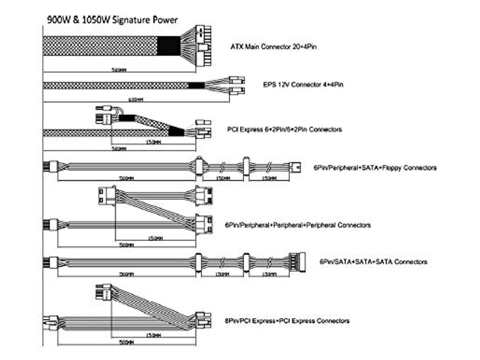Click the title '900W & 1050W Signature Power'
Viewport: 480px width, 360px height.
pyautogui.click(x=112, y=19)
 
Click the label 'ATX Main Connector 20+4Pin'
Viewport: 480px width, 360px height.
pyautogui.click(x=273, y=47)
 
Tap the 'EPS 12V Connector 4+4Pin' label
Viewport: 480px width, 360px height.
pyautogui.click(x=303, y=84)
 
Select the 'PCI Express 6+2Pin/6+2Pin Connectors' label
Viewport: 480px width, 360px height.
pyautogui.click(x=285, y=129)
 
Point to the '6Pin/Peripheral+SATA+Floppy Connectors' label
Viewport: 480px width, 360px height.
pyautogui.click(x=375, y=168)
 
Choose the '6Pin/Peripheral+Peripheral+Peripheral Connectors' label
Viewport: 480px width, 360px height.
pyautogui.click(x=298, y=225)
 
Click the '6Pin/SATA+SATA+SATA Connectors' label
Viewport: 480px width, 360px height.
pyautogui.click(x=373, y=262)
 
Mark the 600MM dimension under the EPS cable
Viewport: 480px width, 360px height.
pyautogui.click(x=136, y=100)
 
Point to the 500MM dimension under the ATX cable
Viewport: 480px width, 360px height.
pyautogui.click(x=119, y=70)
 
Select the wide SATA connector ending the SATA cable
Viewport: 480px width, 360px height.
pyautogui.click(x=298, y=262)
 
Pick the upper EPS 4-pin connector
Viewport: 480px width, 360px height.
pyautogui.click(x=237, y=80)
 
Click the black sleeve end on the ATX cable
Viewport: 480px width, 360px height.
pyautogui.click(x=168, y=46)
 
